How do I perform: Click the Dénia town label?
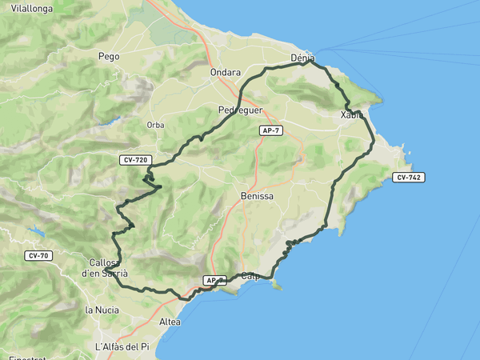(x=302, y=58)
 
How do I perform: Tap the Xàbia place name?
(x=351, y=115)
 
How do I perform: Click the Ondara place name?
(x=225, y=73)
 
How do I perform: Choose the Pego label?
(x=108, y=57)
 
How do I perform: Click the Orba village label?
(x=155, y=125)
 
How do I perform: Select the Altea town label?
(x=170, y=322)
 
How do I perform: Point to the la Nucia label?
(x=102, y=309)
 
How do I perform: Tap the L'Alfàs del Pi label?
(x=122, y=346)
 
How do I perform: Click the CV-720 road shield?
(x=135, y=160)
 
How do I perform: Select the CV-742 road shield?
(x=408, y=177)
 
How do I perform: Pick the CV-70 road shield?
(x=38, y=256)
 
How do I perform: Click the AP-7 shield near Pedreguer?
(x=271, y=130)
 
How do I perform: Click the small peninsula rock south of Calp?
(x=276, y=286)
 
